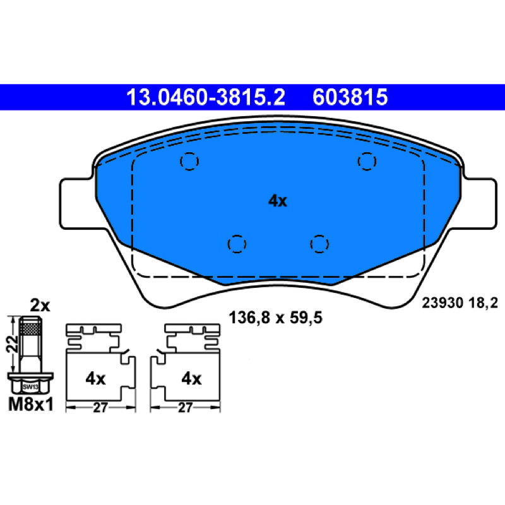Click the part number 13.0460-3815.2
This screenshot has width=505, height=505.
206,97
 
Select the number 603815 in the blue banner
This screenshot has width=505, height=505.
350,97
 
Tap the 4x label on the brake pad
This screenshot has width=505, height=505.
278,201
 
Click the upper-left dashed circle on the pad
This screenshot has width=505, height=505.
189,161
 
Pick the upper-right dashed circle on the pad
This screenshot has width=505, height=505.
367,161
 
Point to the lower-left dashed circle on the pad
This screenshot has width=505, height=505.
237,244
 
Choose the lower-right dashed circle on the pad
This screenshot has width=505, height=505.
319,244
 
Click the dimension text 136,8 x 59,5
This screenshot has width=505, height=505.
275,318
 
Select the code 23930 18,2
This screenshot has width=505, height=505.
460,303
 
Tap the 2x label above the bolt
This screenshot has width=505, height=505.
40,306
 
